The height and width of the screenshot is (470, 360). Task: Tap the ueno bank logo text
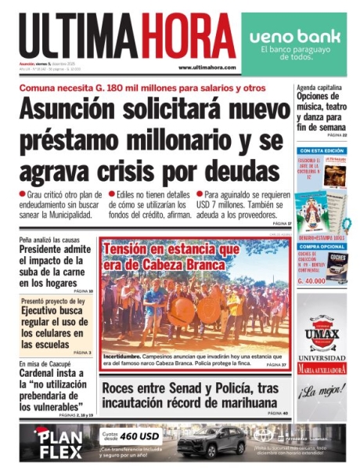291,37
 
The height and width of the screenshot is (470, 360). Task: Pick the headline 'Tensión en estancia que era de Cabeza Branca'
173,257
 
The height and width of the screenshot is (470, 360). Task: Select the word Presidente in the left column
51,250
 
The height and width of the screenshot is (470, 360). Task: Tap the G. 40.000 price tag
311,280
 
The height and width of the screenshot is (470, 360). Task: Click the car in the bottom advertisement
209,442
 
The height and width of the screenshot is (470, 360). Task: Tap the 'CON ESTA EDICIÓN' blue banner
321,150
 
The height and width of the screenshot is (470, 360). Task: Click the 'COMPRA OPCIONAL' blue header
321,246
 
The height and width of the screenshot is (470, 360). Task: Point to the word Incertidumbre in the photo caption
125,356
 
